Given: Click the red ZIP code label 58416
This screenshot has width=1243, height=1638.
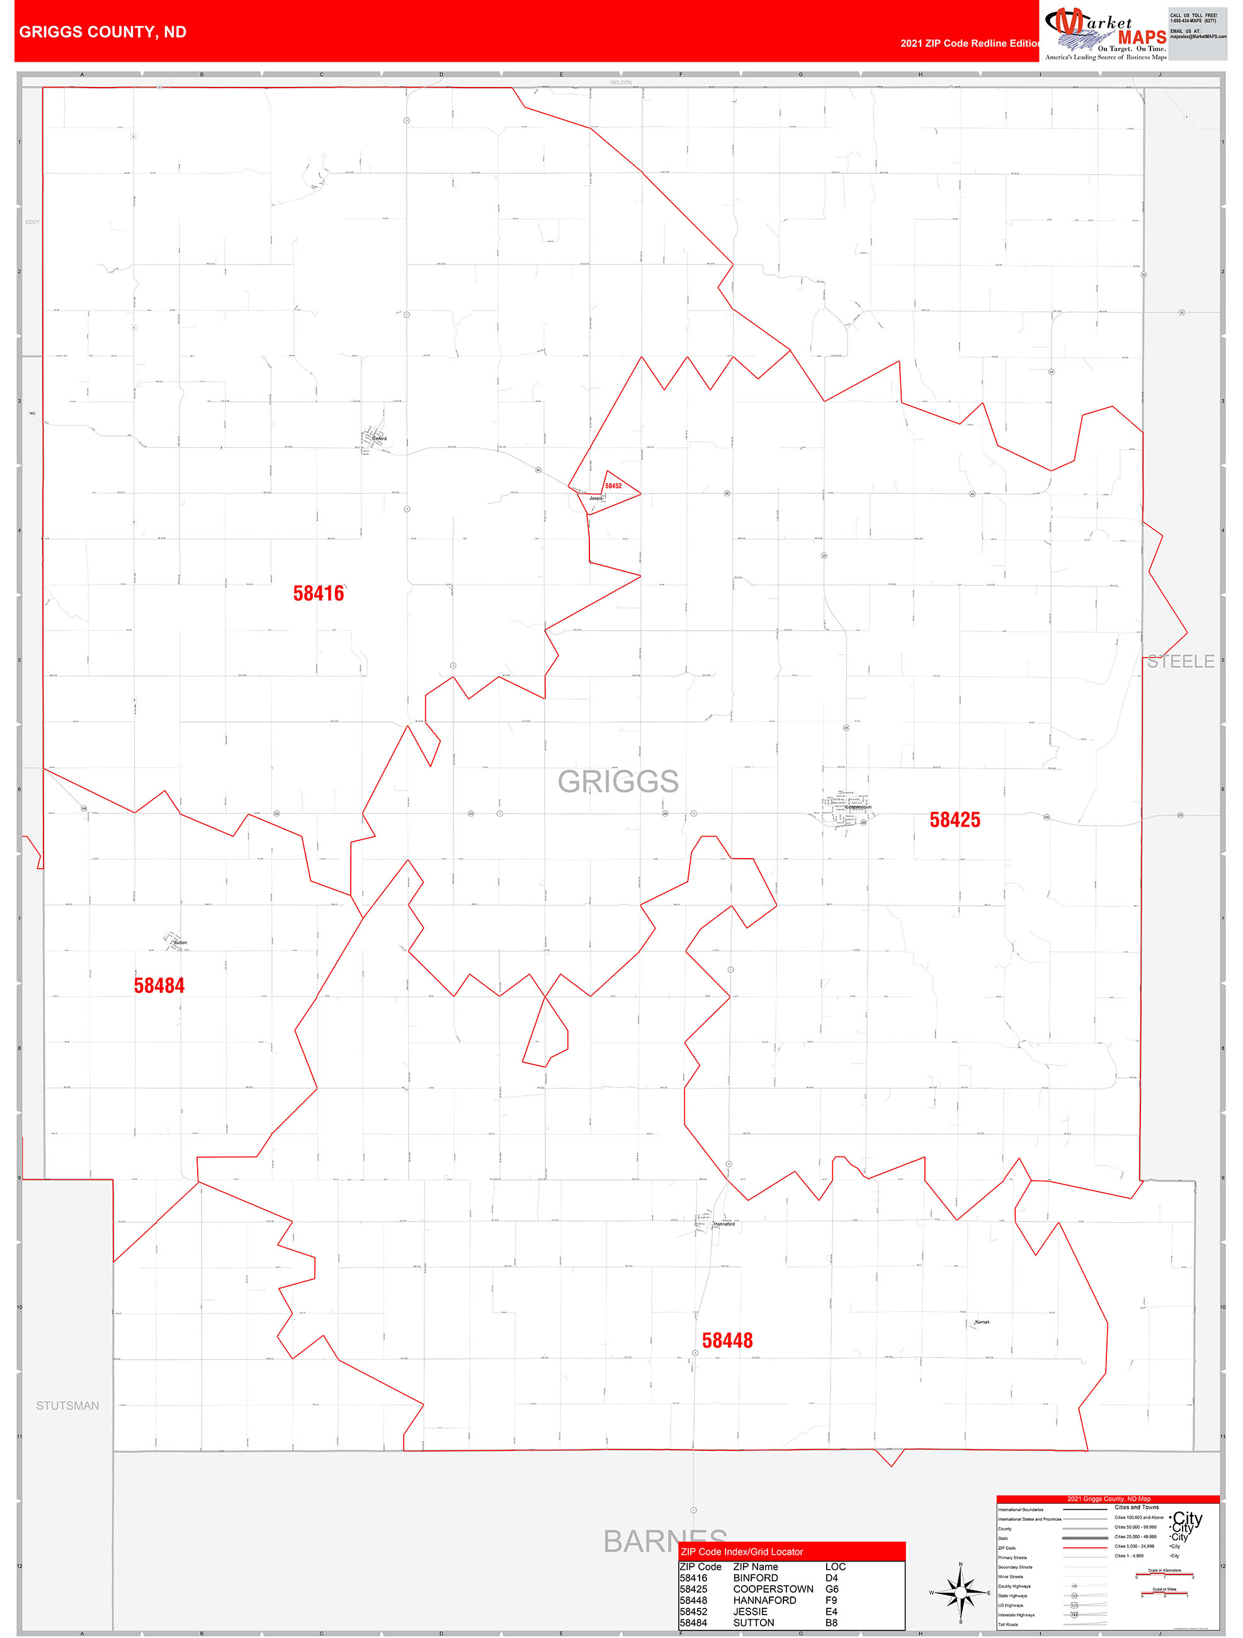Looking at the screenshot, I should (319, 594).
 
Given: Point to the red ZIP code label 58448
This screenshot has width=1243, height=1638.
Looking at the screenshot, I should (727, 1340).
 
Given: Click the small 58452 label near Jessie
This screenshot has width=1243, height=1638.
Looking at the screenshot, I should (613, 486).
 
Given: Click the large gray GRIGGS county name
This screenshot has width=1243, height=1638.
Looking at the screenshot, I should (618, 781).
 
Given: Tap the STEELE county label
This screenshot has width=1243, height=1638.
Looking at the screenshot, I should (1180, 661).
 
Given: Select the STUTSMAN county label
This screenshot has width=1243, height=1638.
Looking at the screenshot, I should (67, 1406).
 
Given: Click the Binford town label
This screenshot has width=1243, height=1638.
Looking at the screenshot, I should (379, 438).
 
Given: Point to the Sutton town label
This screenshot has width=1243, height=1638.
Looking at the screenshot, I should (181, 942).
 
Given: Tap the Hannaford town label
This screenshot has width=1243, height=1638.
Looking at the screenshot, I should (724, 1224).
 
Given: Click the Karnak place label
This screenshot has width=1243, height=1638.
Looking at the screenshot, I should (982, 1322).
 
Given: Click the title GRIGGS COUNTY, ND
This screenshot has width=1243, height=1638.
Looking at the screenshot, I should (103, 32).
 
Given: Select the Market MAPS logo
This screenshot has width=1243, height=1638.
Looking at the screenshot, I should (1105, 33).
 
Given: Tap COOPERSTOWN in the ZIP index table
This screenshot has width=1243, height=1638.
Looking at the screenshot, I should (773, 1589).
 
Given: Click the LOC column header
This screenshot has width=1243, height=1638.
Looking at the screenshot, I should (835, 1566).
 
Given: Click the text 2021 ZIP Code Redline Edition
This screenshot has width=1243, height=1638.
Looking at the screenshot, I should (969, 43).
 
